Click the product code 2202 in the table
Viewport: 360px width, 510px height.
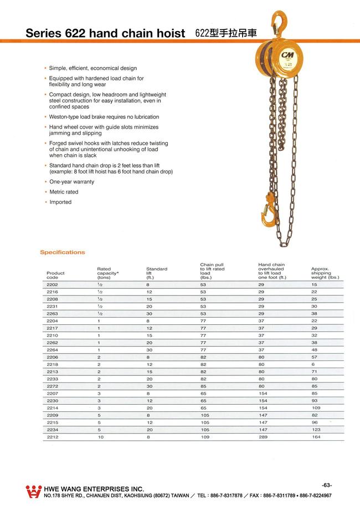coord(52,284)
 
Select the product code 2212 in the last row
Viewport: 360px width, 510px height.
coord(52,437)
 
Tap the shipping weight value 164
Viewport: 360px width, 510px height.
coord(315,437)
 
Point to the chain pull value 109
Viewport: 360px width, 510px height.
coord(204,437)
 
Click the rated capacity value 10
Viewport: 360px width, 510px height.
coord(100,437)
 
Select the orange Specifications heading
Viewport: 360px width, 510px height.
coord(62,252)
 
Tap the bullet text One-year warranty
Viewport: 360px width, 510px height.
coord(71,182)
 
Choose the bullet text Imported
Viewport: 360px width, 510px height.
coord(60,202)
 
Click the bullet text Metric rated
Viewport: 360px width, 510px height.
coord(64,192)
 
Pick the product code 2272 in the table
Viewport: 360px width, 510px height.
coord(52,386)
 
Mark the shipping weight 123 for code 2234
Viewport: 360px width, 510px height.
coord(315,430)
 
